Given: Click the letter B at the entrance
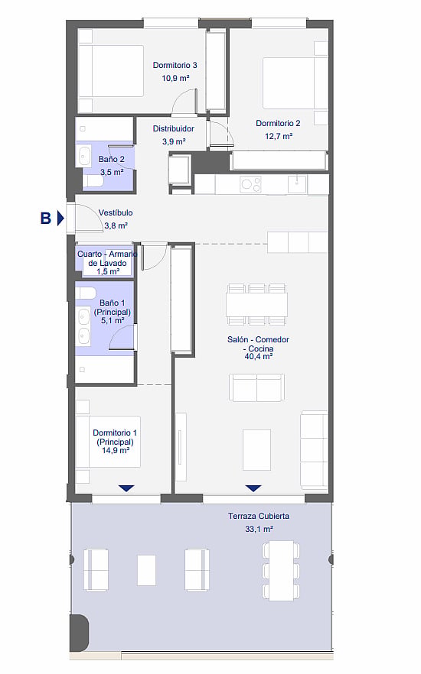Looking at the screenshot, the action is (x=46, y=218).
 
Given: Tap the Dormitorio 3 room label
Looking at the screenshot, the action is (x=175, y=66).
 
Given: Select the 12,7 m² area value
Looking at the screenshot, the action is (x=279, y=136).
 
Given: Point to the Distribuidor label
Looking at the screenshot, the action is (x=174, y=128).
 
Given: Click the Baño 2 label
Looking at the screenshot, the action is (x=111, y=160).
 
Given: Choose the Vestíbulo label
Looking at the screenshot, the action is (x=116, y=212).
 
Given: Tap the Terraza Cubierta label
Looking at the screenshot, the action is (x=258, y=517).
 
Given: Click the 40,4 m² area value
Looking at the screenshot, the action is (x=258, y=356).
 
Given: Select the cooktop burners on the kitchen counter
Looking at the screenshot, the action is (x=250, y=185).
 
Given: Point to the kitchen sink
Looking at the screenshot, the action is (x=297, y=184).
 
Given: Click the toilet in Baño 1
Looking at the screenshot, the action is (x=86, y=293).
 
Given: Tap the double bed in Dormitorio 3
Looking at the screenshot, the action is (x=111, y=71).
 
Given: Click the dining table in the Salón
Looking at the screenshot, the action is (x=257, y=305).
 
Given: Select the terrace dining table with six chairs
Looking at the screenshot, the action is (x=281, y=570).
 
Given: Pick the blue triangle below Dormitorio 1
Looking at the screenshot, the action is (x=126, y=488).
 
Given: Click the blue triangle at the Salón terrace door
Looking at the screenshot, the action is (x=253, y=488).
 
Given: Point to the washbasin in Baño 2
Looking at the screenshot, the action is (x=85, y=156).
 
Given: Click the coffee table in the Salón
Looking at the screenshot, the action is (x=256, y=449).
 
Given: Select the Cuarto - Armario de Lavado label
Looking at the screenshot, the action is (x=107, y=263).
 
